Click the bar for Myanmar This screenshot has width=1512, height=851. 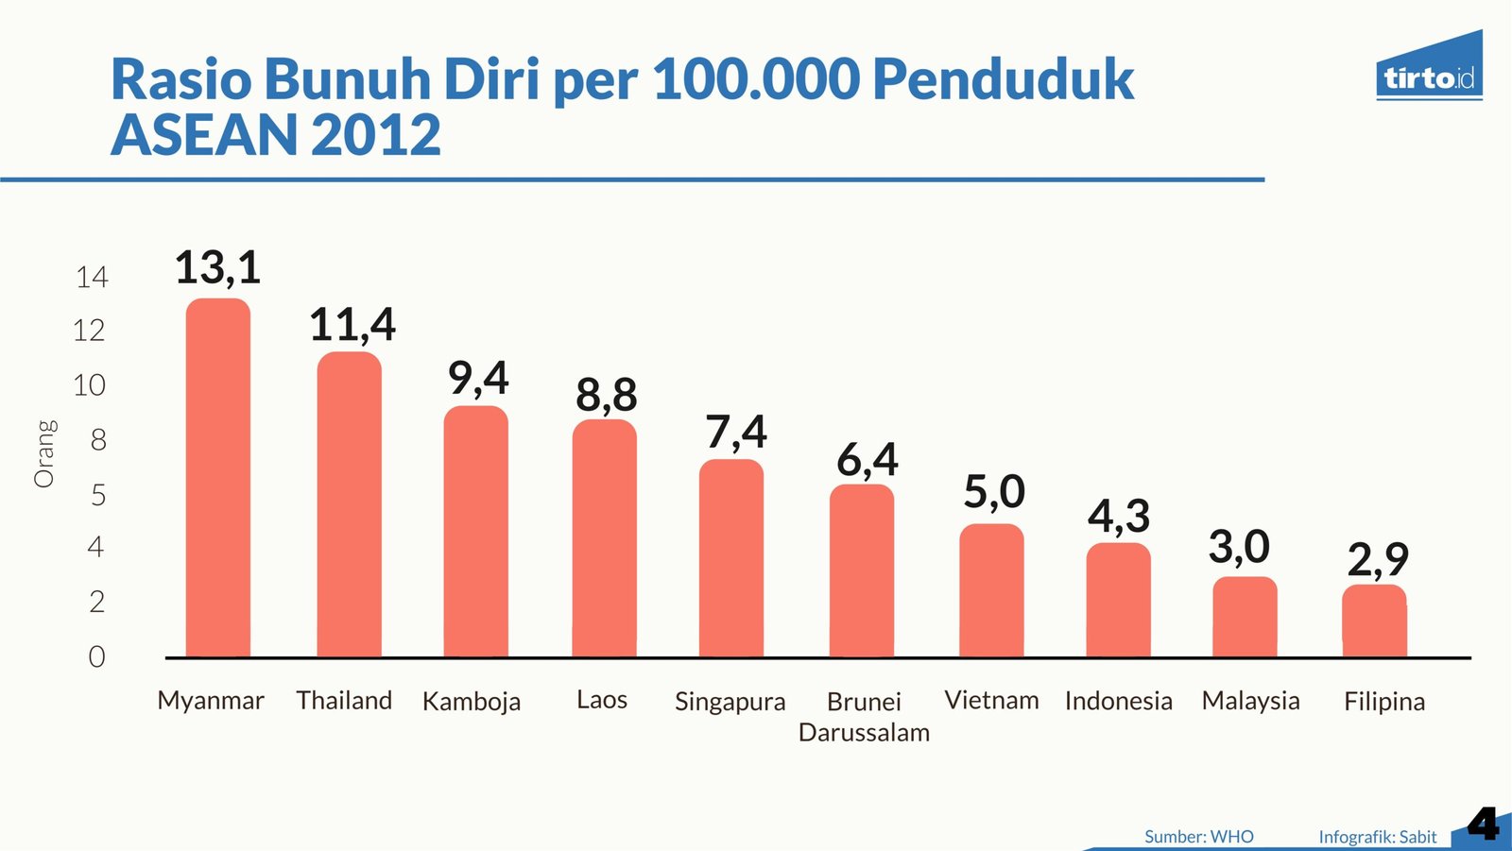tap(218, 478)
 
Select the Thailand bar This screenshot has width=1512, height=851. tap(349, 504)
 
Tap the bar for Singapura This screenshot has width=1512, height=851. tap(731, 558)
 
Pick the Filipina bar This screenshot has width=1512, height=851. tap(1374, 621)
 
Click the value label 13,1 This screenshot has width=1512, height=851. tap(217, 267)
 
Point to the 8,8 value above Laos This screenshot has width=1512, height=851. tap(606, 395)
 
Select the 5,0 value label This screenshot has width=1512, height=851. tap(993, 492)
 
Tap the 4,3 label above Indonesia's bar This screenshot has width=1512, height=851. tap(1119, 517)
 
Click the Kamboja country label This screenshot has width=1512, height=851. tap(471, 702)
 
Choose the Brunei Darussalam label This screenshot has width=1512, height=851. tap(864, 717)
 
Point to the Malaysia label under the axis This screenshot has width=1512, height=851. tap(1250, 701)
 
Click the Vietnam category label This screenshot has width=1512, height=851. tap(991, 700)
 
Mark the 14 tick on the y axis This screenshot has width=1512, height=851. tap(92, 278)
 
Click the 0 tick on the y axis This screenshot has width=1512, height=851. tap(96, 656)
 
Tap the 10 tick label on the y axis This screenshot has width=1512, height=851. tap(90, 385)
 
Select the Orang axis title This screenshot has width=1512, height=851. tap(44, 453)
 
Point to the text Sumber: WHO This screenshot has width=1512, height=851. tap(1198, 837)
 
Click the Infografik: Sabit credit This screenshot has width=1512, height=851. tap(1377, 837)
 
